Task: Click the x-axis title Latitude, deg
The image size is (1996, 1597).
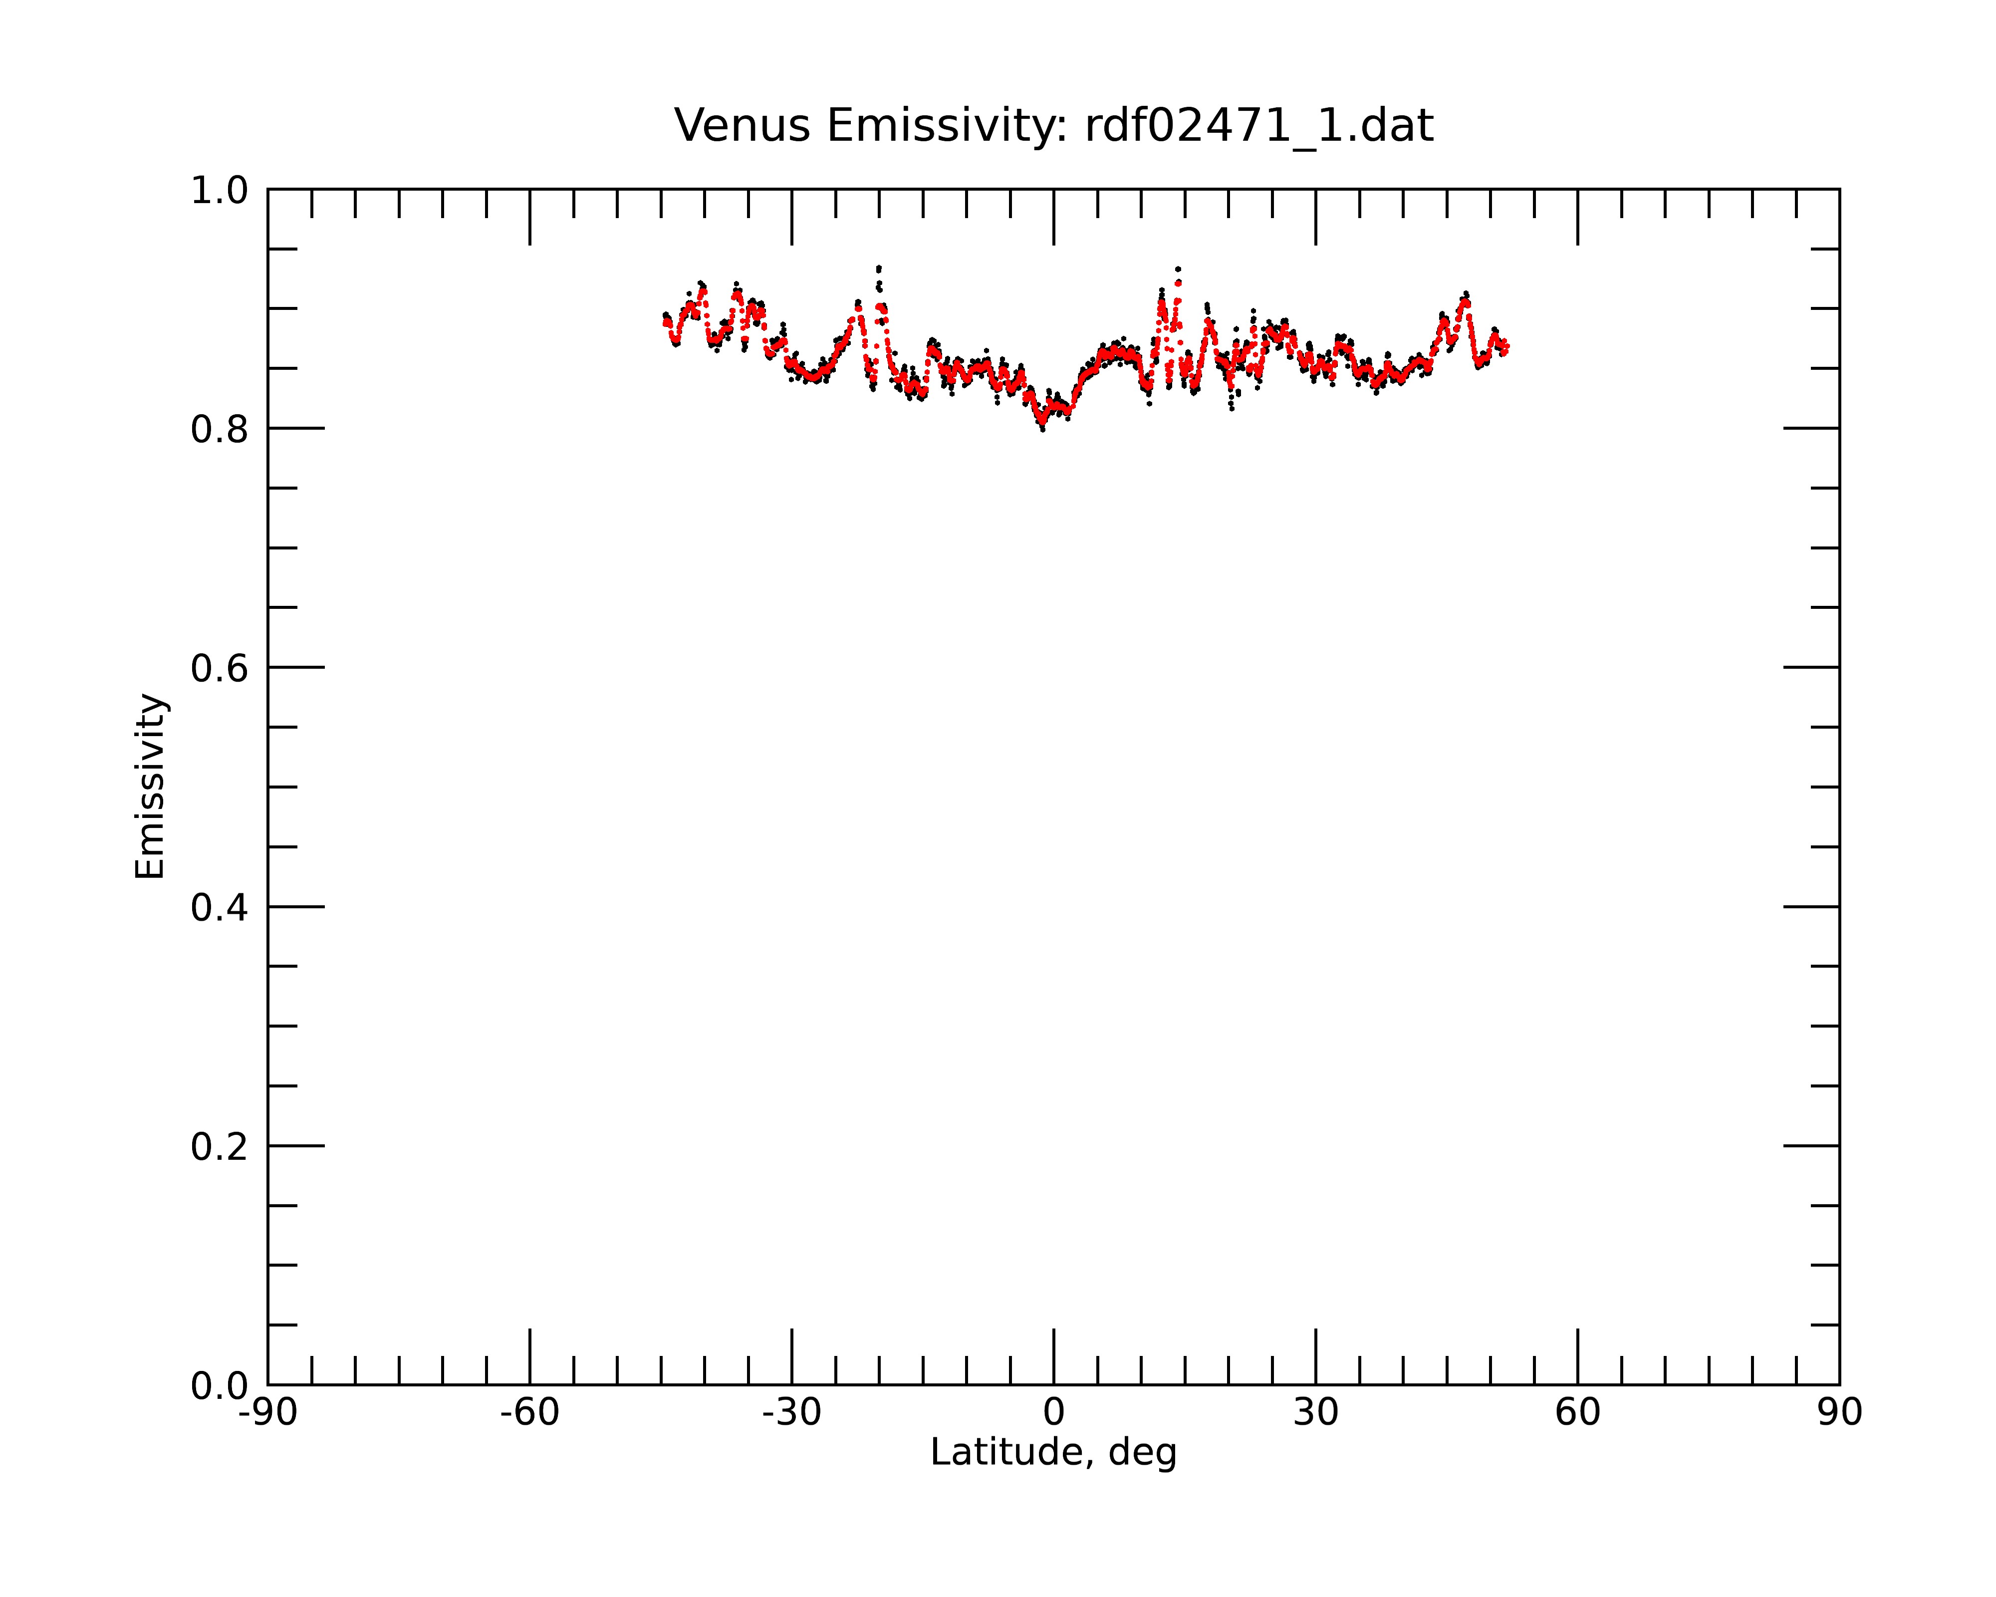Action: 1053,1452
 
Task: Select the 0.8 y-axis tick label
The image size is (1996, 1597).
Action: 220,430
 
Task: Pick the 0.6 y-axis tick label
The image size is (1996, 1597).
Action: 220,668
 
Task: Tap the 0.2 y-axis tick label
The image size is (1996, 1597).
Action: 220,1147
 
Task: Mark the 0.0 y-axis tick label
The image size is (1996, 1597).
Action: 220,1386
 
